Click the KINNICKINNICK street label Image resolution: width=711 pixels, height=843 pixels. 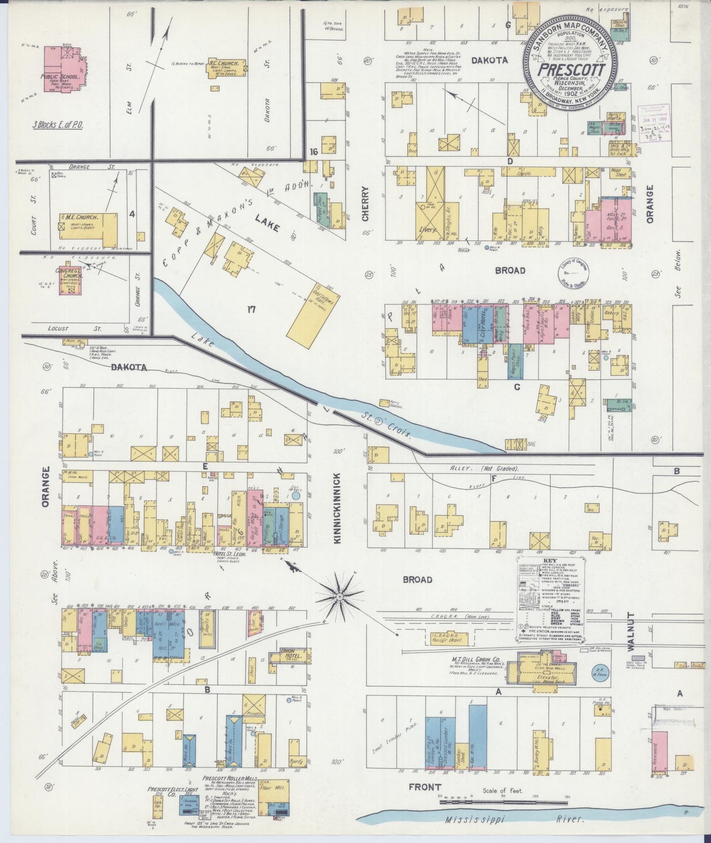338,508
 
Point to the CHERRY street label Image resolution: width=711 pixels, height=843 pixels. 365,204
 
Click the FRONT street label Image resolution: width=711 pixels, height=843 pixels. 425,787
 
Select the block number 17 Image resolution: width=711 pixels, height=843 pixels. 251,309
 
